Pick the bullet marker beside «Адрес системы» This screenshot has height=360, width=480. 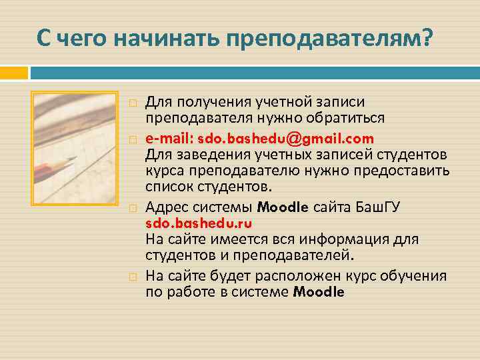point(133,207)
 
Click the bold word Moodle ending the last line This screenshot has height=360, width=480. point(319,292)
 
